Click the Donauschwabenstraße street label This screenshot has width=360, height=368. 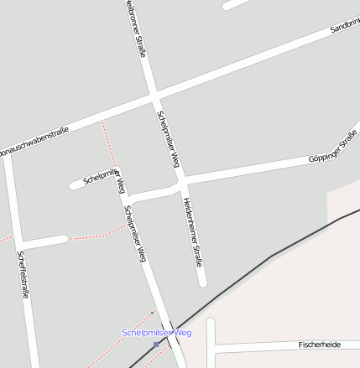click(x=34, y=142)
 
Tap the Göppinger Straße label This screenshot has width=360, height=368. click(x=333, y=147)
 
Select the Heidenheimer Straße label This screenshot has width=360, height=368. click(x=193, y=231)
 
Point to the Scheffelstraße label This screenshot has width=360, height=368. click(x=23, y=276)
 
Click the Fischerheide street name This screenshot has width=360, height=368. click(x=320, y=345)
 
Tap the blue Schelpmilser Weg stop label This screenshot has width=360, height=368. click(x=156, y=333)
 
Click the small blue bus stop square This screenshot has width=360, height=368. click(x=156, y=344)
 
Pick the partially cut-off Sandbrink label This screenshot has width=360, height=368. click(x=344, y=28)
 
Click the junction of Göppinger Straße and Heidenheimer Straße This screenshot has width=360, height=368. click(x=180, y=182)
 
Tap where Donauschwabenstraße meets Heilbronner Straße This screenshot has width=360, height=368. click(x=154, y=98)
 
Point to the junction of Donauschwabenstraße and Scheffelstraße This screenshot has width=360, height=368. click(x=8, y=158)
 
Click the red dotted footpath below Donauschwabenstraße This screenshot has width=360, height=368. click(x=108, y=143)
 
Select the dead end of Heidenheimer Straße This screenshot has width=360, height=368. click(x=203, y=282)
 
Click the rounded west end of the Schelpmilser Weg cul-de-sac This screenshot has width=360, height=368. click(x=75, y=185)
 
